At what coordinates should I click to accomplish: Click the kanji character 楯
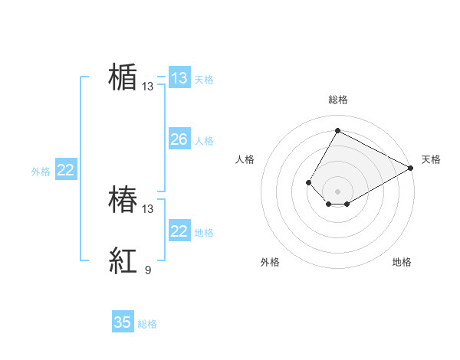[x=123, y=77]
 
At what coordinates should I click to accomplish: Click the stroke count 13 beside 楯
[x=148, y=87]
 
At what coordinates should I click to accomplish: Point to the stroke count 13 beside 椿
[x=148, y=208]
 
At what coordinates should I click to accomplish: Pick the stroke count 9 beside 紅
[x=148, y=270]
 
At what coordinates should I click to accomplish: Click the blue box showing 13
[x=179, y=78]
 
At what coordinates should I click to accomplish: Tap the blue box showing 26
[x=179, y=139]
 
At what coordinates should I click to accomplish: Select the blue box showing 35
[x=123, y=322]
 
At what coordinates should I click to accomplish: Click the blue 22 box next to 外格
[x=65, y=170]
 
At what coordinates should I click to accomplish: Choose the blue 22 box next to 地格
[x=179, y=231]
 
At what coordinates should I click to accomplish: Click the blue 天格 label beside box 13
[x=204, y=80]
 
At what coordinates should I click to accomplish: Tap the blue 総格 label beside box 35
[x=147, y=324]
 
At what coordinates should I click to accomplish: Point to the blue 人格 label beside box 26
[x=204, y=141]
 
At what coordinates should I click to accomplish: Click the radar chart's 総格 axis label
[x=338, y=100]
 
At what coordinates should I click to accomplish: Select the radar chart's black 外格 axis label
[x=270, y=262]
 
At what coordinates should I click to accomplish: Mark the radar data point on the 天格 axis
[x=411, y=168]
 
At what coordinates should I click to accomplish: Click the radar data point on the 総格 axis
[x=337, y=130]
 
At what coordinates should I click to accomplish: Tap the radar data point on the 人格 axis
[x=308, y=182]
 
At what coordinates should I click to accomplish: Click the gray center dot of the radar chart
[x=337, y=191]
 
